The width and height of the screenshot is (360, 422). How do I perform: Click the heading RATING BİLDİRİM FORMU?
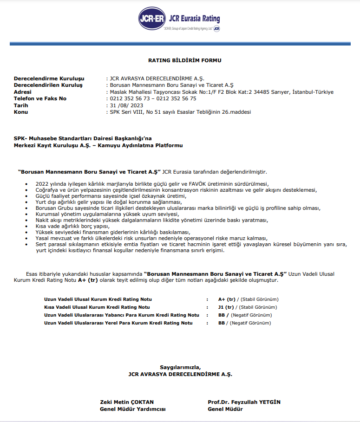coord(184,60)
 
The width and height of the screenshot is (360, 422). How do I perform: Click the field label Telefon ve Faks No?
coord(40,98)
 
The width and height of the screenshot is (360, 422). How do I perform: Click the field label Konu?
coord(21,112)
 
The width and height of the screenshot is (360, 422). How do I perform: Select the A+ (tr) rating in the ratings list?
coord(227,299)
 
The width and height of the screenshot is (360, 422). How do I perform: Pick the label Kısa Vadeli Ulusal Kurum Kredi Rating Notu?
coord(97,307)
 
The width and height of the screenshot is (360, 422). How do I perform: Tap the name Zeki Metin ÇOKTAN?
coord(126,402)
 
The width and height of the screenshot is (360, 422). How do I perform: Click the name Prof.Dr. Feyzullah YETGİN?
coord(244,402)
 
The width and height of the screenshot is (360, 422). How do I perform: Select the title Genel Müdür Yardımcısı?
coord(132,409)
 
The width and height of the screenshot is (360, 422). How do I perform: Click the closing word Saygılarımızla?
coord(180,367)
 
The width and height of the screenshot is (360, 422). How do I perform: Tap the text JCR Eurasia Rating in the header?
coord(194,19)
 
